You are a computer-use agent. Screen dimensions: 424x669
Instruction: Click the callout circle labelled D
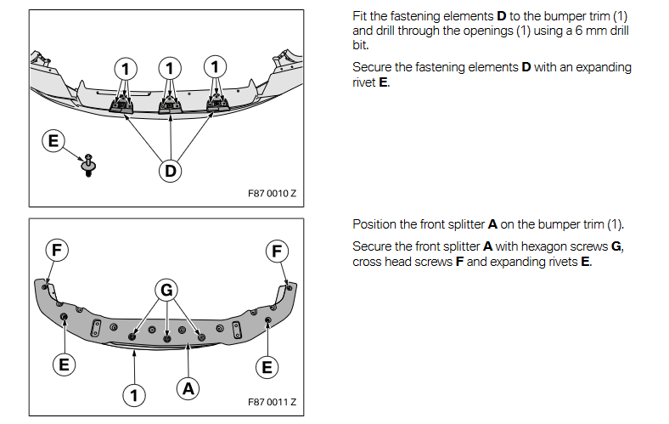(171, 171)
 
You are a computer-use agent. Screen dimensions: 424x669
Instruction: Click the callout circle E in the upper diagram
(53, 140)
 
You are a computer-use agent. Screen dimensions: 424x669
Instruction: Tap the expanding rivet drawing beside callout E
(87, 163)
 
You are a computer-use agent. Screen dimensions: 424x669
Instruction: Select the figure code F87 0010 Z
(273, 193)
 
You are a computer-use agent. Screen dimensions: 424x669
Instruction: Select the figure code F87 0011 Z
(273, 402)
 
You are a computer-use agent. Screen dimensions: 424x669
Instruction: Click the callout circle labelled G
(167, 290)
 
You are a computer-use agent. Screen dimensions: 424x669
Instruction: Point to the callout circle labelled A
(188, 388)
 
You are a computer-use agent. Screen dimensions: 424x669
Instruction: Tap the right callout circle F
(277, 251)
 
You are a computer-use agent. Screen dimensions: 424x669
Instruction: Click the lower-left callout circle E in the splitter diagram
(62, 365)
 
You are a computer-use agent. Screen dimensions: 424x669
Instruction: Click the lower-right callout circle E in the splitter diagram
(267, 367)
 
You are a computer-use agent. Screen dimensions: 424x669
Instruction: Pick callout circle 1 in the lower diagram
(134, 394)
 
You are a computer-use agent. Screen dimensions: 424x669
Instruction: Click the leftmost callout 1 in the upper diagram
(126, 66)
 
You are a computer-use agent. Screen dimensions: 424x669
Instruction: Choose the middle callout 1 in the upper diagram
(171, 66)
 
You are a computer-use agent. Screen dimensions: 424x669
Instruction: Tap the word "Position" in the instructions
(375, 224)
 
